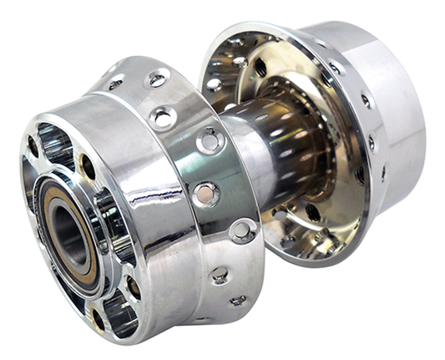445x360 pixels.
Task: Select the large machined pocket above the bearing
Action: point(57,145)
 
